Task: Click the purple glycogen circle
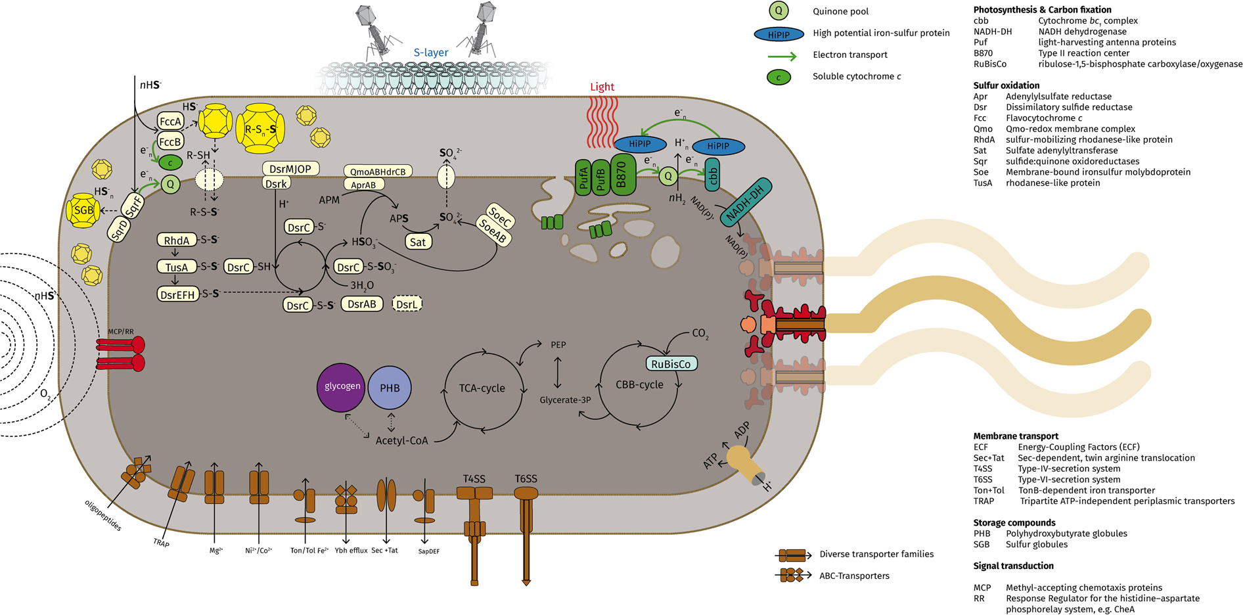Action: tap(341, 387)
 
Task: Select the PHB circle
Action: tap(390, 388)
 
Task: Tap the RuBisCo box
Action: tap(671, 364)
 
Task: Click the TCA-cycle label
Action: tap(482, 388)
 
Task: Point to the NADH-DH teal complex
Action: tap(746, 200)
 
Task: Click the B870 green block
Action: tap(623, 175)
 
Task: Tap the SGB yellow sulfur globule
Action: tap(83, 210)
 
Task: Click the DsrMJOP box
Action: tap(290, 169)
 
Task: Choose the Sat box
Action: tap(418, 242)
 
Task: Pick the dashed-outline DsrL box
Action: tap(407, 304)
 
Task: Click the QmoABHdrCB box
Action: tap(378, 171)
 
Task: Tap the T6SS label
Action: tap(526, 479)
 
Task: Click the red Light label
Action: tap(602, 87)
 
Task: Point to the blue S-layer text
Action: tap(431, 53)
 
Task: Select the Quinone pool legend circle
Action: tap(779, 11)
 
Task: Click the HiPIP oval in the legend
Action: tap(779, 34)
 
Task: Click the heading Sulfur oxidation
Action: tap(1006, 85)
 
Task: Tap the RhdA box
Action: tap(177, 240)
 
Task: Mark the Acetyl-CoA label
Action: tap(401, 440)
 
